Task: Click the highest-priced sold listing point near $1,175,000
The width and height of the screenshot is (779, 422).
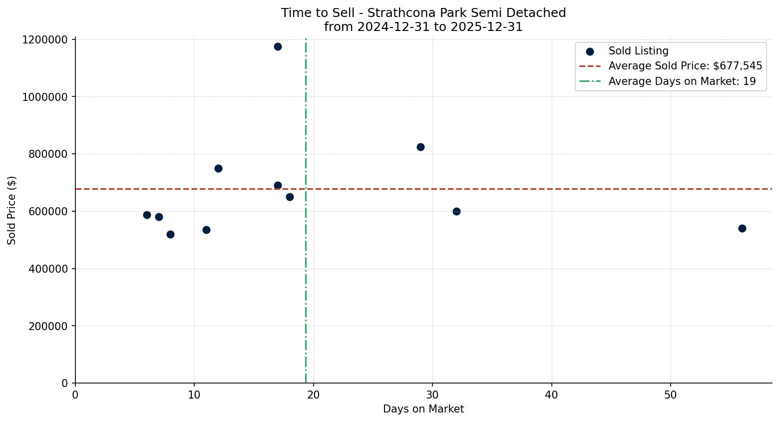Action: coord(278,46)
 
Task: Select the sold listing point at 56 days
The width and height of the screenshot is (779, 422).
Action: coord(742,228)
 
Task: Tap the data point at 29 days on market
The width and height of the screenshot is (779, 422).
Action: coord(420,147)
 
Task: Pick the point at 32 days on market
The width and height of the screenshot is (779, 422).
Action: coord(456,211)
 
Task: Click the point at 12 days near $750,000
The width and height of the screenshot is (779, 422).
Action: coord(218,168)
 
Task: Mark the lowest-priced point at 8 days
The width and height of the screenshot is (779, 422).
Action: coord(170,234)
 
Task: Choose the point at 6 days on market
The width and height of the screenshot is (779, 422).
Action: coord(147,215)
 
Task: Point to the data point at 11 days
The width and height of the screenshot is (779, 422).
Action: coord(206,230)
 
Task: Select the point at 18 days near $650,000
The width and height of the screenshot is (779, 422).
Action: coord(290,197)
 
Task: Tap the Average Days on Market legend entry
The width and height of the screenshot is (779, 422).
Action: coord(682,81)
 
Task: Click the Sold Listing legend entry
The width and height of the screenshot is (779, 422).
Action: coord(638,51)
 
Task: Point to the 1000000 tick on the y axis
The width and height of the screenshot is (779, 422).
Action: coord(45,97)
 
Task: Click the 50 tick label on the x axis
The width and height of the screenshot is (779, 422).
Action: coord(670,395)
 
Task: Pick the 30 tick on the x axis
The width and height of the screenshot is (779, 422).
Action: coord(432,395)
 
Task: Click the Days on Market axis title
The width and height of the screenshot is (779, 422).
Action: coord(423,409)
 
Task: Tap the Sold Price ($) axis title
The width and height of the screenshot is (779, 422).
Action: coord(12,210)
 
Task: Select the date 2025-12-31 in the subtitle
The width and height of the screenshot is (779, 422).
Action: coord(486,27)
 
